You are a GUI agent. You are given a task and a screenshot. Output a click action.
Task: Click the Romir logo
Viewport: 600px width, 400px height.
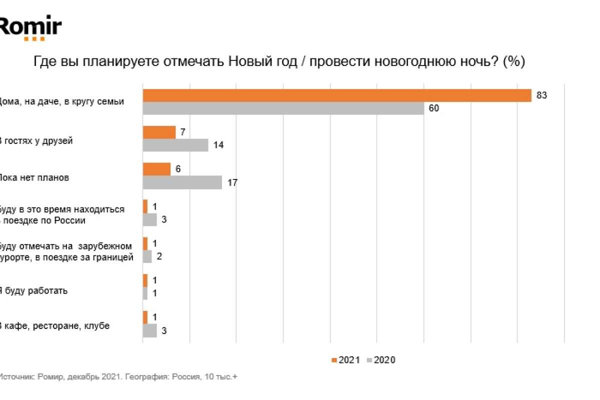coord(30,27)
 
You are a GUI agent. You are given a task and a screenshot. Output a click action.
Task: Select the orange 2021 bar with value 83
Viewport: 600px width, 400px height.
coord(336,95)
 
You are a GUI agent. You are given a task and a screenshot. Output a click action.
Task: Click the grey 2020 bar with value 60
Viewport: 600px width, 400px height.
coord(283,108)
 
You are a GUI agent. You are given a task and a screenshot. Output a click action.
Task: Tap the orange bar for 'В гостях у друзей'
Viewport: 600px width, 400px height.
coord(159,132)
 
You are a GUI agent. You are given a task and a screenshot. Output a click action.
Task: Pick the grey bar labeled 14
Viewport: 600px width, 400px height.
coord(175,145)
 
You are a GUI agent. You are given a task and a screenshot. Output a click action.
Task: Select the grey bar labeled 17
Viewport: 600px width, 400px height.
coord(182,182)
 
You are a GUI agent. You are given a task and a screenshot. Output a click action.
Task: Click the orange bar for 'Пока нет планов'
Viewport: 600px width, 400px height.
coord(156,169)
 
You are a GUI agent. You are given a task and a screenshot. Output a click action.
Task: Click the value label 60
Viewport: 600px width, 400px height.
coord(433,108)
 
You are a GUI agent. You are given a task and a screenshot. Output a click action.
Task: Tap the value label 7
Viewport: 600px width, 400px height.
coord(183,132)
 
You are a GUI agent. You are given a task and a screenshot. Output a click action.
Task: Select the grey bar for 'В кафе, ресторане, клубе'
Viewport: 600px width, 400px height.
coord(149,330)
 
